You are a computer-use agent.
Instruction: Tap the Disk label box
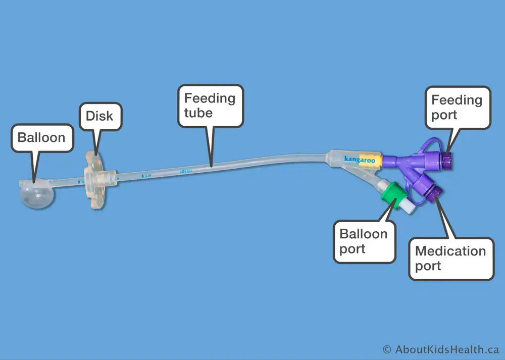99,117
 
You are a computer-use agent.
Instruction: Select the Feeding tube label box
210,105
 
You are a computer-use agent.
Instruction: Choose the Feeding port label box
457,107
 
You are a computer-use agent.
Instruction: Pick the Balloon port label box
364,241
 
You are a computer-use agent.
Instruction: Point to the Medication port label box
450,259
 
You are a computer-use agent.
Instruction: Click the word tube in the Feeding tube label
198,113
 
